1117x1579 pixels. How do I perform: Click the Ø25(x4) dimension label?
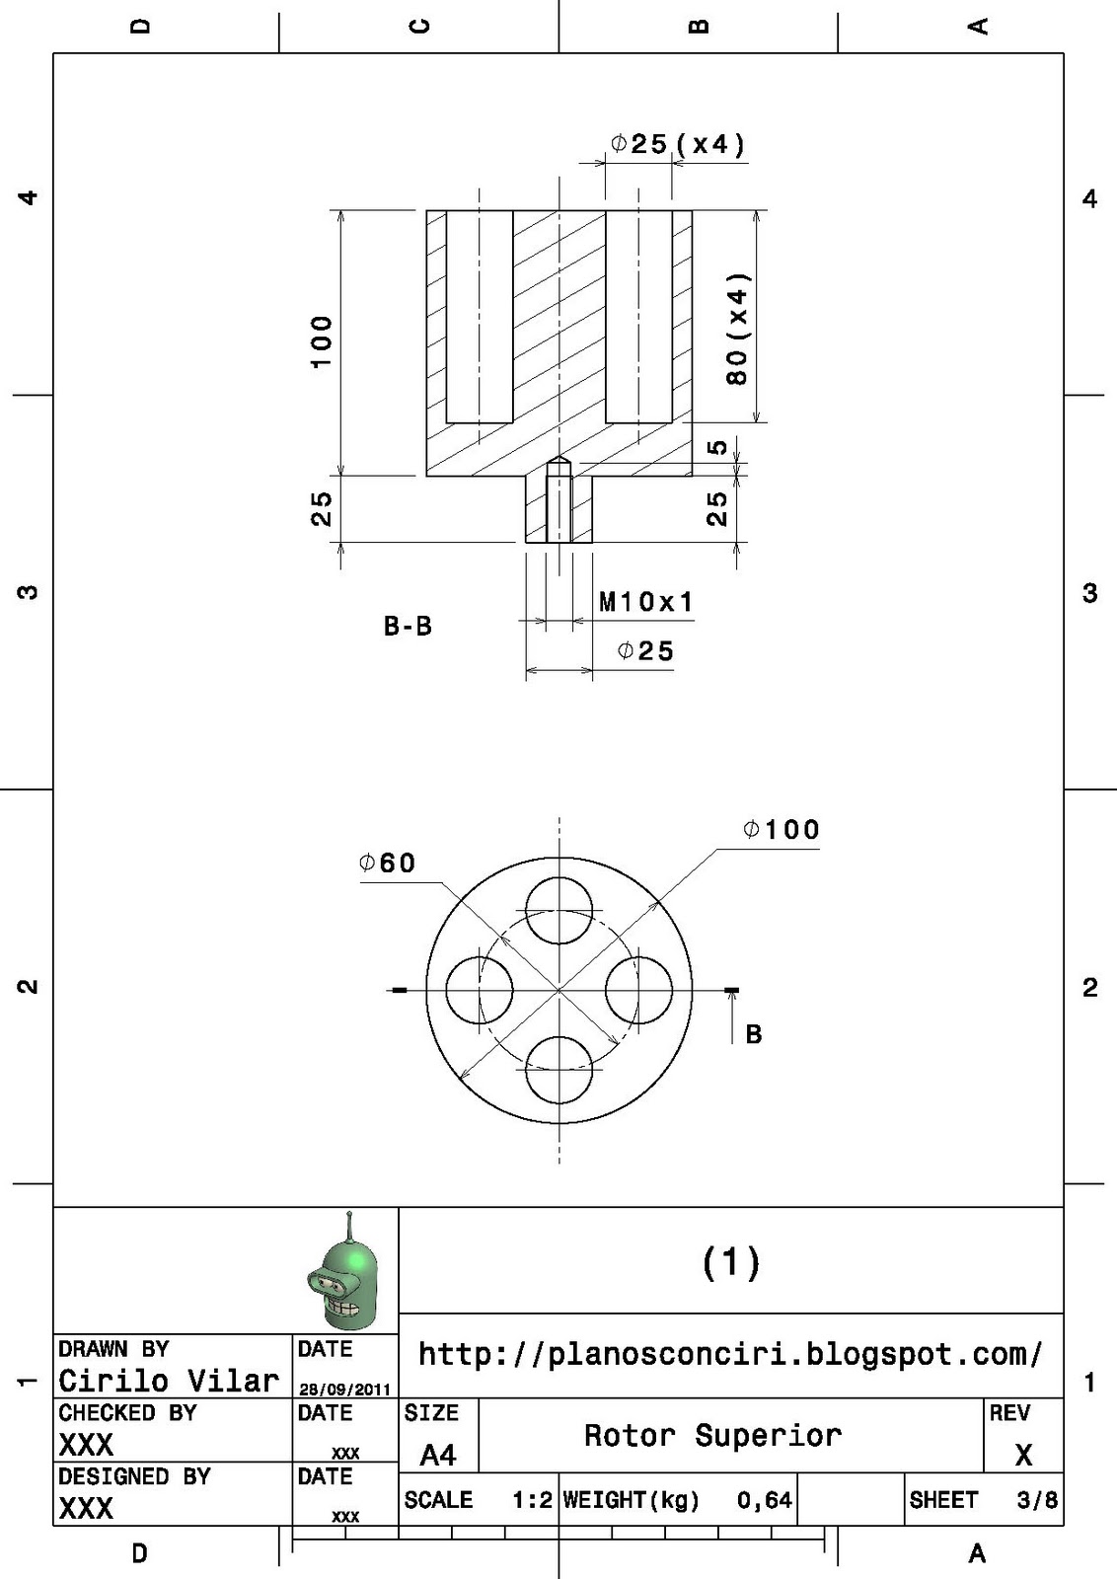point(678,144)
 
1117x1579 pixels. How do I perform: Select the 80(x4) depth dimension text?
point(737,329)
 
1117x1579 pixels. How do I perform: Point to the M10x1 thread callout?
point(646,602)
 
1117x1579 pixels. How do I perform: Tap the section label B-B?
point(409,626)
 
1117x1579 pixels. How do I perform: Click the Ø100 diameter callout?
point(782,830)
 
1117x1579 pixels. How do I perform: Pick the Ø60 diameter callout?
point(388,863)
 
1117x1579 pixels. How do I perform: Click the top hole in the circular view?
point(558,911)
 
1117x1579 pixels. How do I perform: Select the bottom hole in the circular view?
point(558,1070)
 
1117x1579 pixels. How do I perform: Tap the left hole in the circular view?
point(480,991)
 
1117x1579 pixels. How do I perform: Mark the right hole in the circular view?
point(638,991)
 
